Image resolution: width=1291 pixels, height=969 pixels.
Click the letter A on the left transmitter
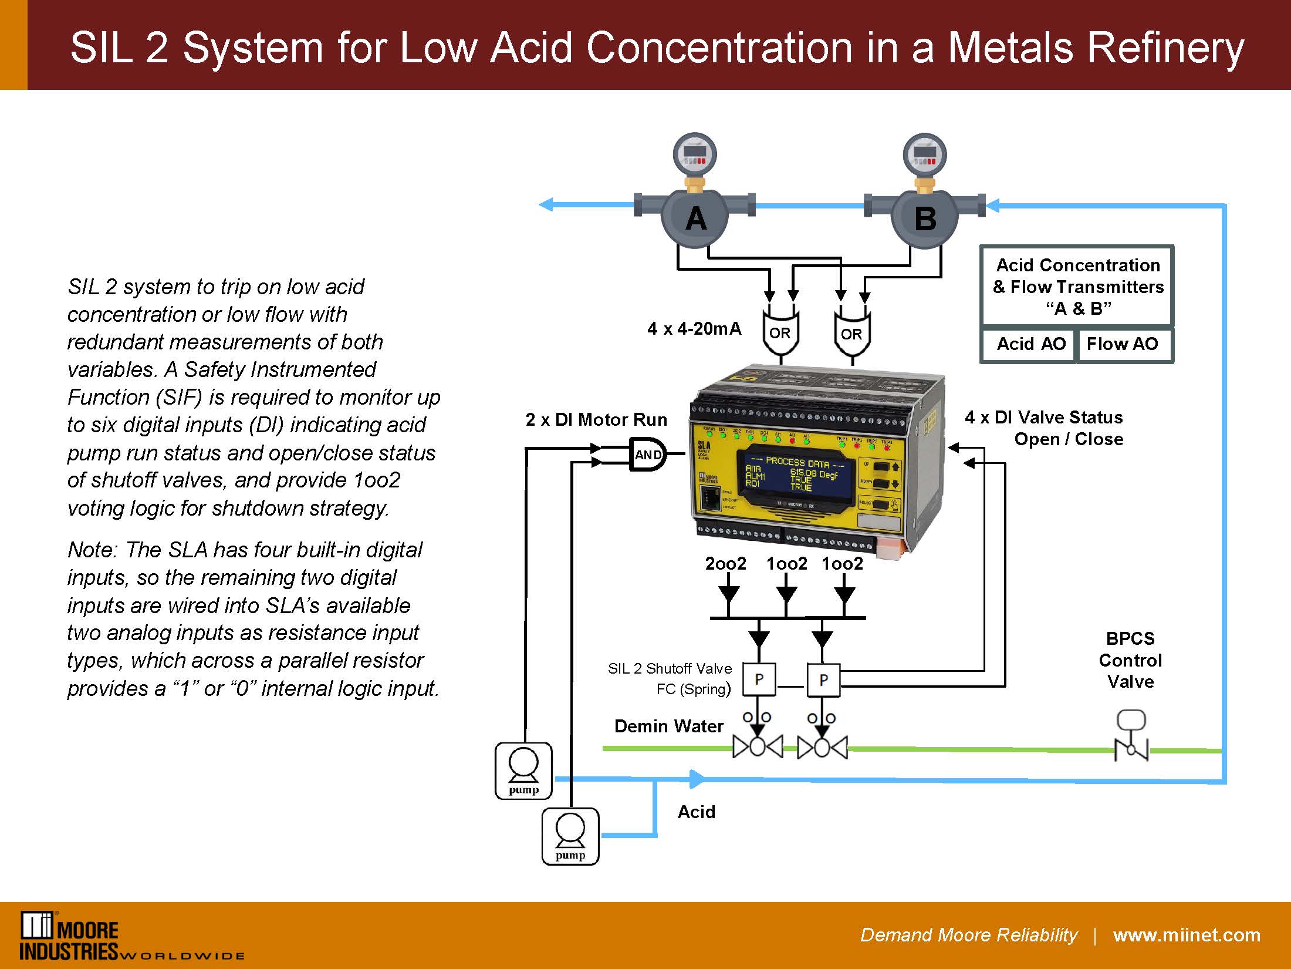[x=695, y=219]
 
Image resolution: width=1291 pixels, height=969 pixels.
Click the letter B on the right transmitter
[x=925, y=219]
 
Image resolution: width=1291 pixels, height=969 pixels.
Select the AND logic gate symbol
[x=648, y=454]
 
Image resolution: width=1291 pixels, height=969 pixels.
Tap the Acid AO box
[x=1031, y=344]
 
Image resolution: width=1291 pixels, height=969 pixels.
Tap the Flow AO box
[x=1122, y=344]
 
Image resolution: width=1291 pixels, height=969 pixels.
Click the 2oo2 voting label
[x=725, y=564]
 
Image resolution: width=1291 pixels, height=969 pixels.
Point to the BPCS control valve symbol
[x=1131, y=737]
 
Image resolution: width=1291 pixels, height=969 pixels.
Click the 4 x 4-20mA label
[x=694, y=329]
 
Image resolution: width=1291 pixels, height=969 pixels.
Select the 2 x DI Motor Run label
[x=596, y=420]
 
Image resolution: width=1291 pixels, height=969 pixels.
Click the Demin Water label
[x=668, y=726]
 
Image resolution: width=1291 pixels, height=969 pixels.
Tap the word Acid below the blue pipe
[x=697, y=812]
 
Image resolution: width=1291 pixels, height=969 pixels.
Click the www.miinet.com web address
[x=1187, y=935]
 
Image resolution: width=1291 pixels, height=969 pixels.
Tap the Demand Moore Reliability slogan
[x=968, y=935]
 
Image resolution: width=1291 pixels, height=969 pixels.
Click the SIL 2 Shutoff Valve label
[x=670, y=669]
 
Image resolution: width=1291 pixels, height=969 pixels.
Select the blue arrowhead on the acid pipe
[x=697, y=779]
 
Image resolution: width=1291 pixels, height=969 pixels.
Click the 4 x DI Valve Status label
[x=1044, y=418]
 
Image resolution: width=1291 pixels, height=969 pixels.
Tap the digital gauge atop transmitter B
[x=925, y=154]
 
